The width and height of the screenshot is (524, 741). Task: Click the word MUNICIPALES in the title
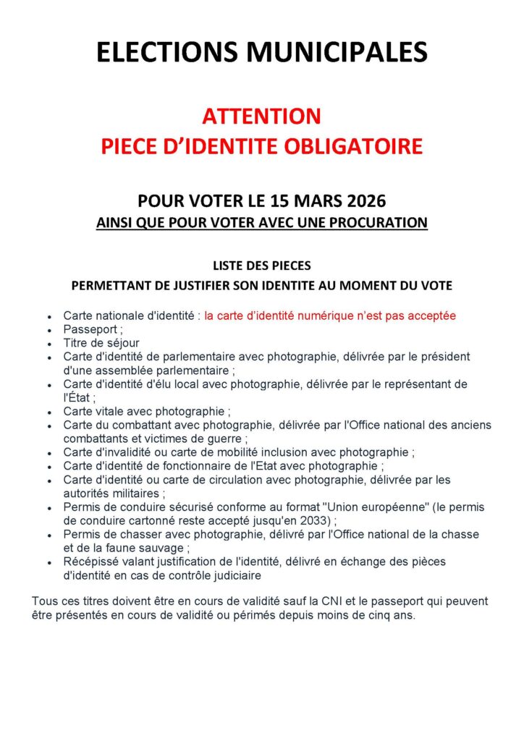pos(338,53)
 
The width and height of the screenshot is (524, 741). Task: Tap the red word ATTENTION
pos(261,116)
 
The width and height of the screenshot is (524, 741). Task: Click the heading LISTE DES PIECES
pos(261,266)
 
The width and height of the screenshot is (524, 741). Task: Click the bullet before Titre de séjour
pos(48,344)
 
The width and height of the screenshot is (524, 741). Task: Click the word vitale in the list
pos(108,410)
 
